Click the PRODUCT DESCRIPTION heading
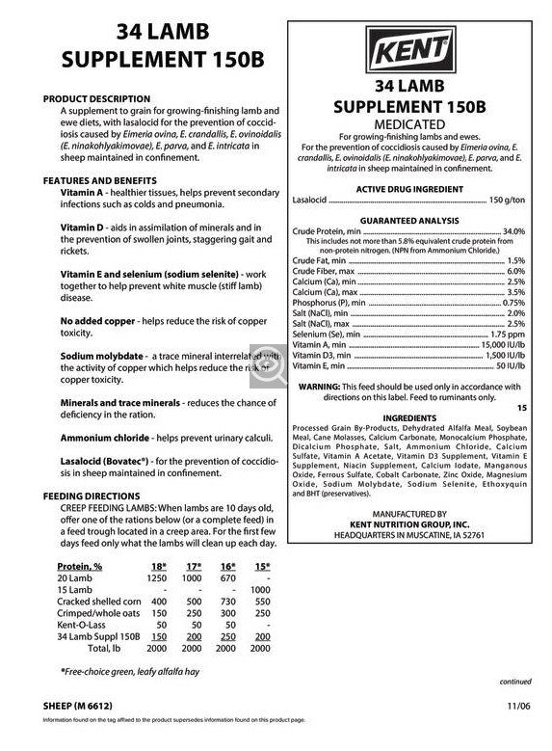[96, 98]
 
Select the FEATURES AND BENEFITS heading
[100, 180]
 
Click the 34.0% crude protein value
[513, 232]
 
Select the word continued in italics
[515, 681]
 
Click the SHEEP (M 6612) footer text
[82, 706]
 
